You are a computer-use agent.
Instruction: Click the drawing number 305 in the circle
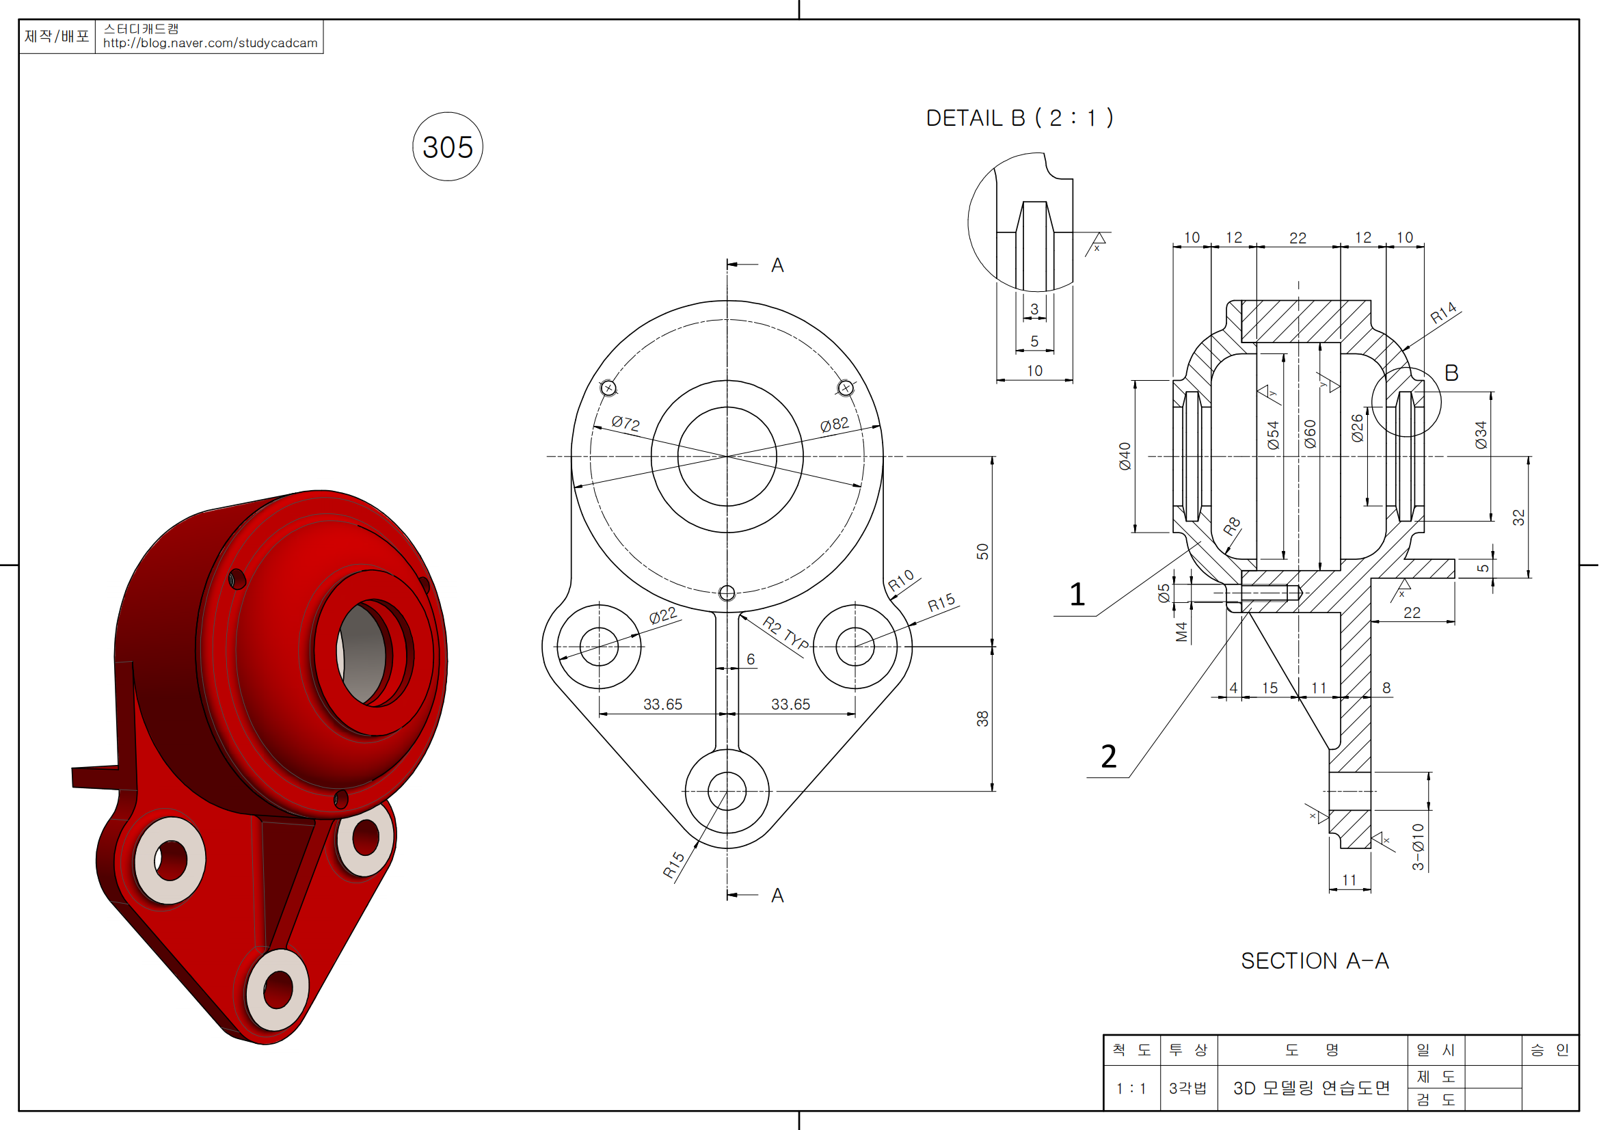tap(447, 147)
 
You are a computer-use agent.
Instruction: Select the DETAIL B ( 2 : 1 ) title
tap(1019, 118)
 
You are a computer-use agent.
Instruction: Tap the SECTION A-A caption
tap(1314, 961)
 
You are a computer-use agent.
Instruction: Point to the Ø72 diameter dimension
tap(626, 423)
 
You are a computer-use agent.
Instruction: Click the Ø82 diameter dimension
tap(833, 424)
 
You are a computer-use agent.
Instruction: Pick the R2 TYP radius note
tap(785, 632)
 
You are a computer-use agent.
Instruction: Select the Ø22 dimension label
tap(662, 615)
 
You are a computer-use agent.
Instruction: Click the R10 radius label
tap(900, 580)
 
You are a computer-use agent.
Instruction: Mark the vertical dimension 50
tap(982, 552)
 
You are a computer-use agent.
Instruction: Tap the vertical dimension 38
tap(982, 718)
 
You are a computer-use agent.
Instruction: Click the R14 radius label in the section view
tap(1443, 312)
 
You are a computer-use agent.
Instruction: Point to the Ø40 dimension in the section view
tap(1125, 456)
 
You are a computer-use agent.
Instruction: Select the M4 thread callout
tap(1181, 632)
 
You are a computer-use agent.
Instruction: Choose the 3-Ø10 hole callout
tap(1418, 846)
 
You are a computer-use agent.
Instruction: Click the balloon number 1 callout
tap(1077, 595)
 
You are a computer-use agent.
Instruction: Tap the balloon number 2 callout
tap(1109, 756)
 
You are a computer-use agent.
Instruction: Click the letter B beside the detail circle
tap(1451, 373)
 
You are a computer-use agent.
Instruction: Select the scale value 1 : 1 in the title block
tap(1131, 1088)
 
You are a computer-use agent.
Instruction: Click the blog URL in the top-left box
tap(210, 43)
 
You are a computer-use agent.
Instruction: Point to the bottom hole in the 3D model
tap(278, 988)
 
